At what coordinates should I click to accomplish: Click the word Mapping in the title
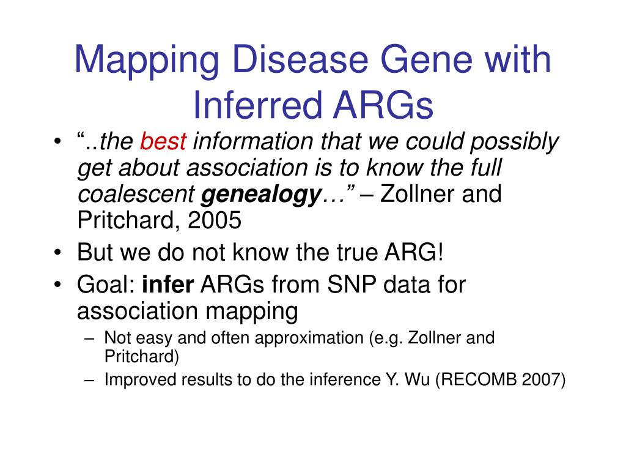pos(147,61)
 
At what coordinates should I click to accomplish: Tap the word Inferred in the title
pos(257,105)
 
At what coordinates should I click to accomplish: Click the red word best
pos(163,141)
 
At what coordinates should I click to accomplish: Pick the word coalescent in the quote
pos(136,194)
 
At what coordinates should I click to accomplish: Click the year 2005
pos(215,220)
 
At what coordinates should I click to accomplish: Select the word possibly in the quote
pos(514,142)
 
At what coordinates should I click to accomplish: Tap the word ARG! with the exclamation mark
pos(414,252)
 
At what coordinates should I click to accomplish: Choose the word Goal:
pos(106,285)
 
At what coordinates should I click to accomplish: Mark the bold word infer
pos(168,285)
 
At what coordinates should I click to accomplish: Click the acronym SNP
pos(352,285)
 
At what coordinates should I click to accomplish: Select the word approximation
pos(309,338)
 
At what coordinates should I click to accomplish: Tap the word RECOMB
pos(472,379)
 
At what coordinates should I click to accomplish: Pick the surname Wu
pos(417,379)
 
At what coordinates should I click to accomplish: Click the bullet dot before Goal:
pos(58,285)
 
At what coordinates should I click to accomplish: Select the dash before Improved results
pos(89,379)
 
